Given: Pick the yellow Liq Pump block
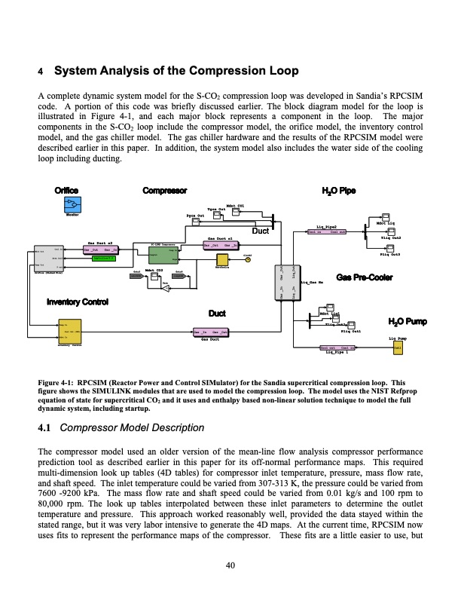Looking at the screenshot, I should (398, 347).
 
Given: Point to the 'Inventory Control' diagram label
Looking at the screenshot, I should (72, 302).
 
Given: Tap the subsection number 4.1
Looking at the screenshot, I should (44, 428).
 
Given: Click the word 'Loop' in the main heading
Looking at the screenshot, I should (283, 72).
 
